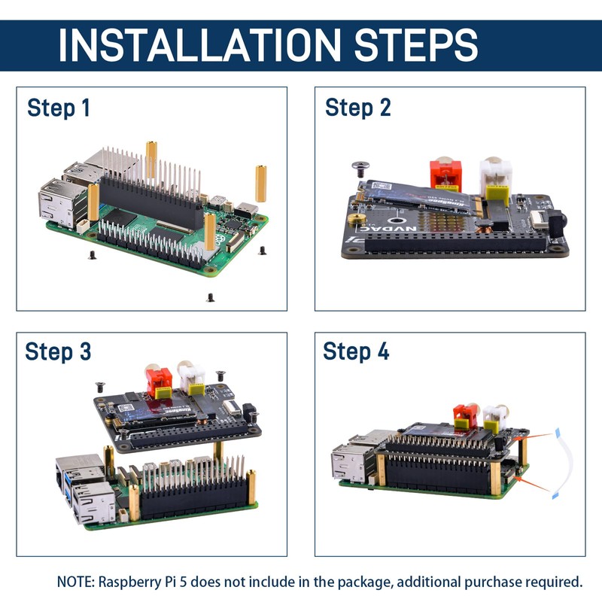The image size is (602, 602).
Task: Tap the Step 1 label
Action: pyautogui.click(x=59, y=108)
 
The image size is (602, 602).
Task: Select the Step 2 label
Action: pyautogui.click(x=358, y=108)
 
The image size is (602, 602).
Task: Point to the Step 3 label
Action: pyautogui.click(x=58, y=351)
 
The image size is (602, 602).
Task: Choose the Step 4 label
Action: pyautogui.click(x=356, y=351)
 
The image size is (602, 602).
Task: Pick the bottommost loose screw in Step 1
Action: pyautogui.click(x=210, y=298)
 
